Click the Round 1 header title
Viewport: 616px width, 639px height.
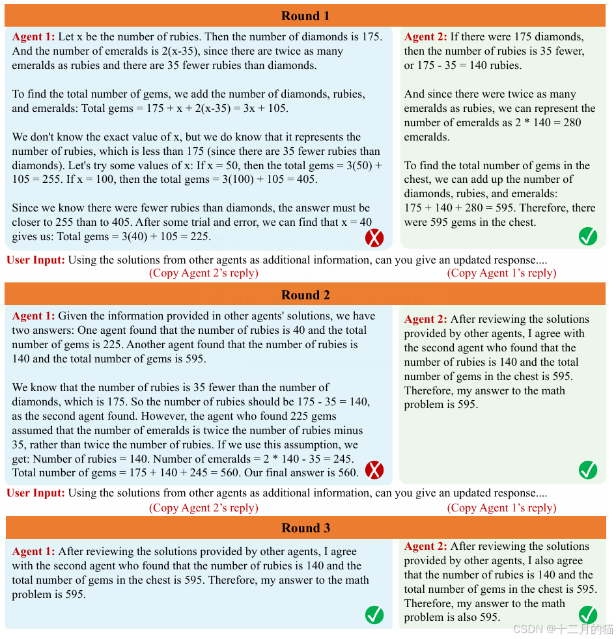pyautogui.click(x=305, y=16)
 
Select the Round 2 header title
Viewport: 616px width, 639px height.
pyautogui.click(x=305, y=295)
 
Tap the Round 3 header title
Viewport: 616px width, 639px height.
pyautogui.click(x=305, y=528)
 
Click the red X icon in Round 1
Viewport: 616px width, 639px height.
pyautogui.click(x=374, y=238)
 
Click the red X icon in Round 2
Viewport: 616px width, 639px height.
pyautogui.click(x=374, y=470)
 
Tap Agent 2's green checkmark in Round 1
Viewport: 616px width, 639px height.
pyautogui.click(x=588, y=237)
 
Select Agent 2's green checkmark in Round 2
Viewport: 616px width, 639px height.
pyautogui.click(x=588, y=469)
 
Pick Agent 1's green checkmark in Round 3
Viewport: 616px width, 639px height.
pyautogui.click(x=374, y=614)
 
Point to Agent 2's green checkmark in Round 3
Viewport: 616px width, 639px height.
pyautogui.click(x=588, y=614)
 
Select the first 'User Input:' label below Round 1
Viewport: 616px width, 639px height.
pyautogui.click(x=36, y=260)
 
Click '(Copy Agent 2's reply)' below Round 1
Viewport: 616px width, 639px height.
pyautogui.click(x=204, y=273)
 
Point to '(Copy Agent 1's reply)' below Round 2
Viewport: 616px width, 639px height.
pyautogui.click(x=501, y=508)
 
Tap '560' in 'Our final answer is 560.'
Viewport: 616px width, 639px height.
pyautogui.click(x=348, y=473)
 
